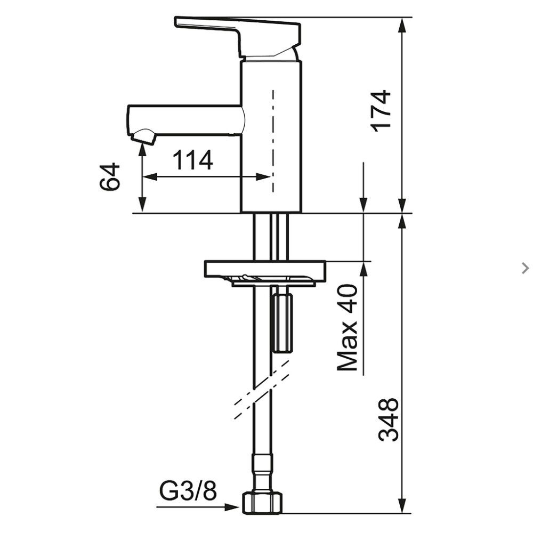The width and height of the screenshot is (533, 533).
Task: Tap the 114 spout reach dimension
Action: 194,159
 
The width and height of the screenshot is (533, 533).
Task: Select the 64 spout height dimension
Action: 110,177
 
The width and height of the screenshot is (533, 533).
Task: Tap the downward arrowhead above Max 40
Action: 364,206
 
